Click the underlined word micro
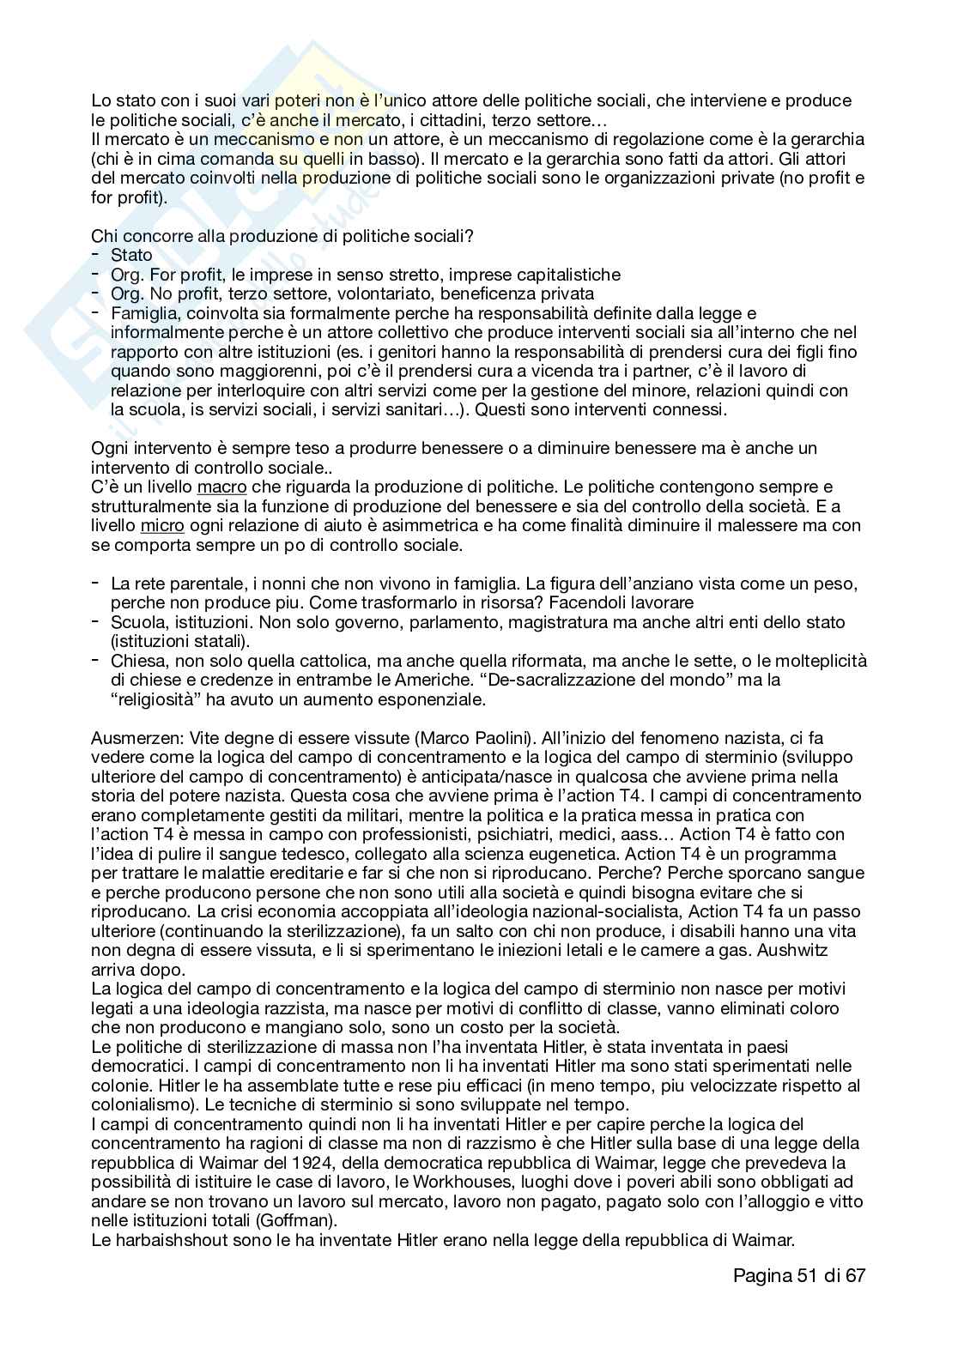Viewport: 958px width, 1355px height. coord(162,525)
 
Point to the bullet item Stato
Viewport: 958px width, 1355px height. coord(131,256)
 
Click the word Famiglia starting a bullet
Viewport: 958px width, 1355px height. coord(143,313)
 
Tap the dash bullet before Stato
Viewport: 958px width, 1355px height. coord(94,255)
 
